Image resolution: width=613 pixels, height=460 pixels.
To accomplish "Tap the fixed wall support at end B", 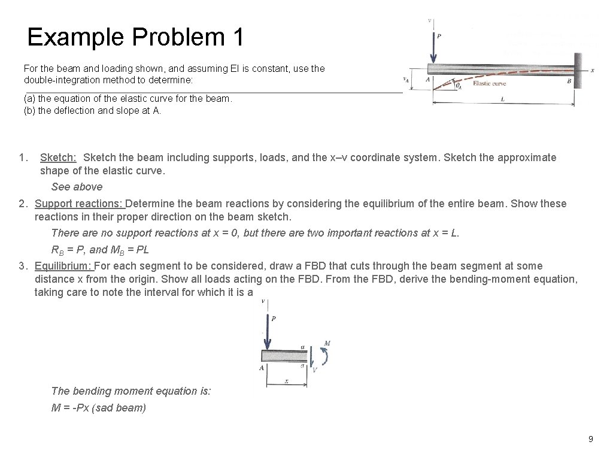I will pyautogui.click(x=577, y=71).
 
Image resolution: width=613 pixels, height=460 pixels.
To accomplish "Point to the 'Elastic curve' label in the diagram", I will pyautogui.click(x=489, y=83).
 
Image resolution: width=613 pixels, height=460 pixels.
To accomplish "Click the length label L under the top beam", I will pyautogui.click(x=502, y=99).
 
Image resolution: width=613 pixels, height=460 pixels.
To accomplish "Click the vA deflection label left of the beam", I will pyautogui.click(x=405, y=78).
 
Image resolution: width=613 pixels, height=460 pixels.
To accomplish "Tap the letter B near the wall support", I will pyautogui.click(x=569, y=81).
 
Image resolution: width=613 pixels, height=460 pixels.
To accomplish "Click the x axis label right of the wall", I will pyautogui.click(x=592, y=70).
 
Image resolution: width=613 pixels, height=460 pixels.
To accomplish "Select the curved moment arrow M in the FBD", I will pyautogui.click(x=325, y=355).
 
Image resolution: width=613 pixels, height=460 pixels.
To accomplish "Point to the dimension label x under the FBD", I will pyautogui.click(x=286, y=381).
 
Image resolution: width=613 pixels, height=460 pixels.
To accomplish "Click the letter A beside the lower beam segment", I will pyautogui.click(x=262, y=367).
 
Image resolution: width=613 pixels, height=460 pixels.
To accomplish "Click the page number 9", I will pyautogui.click(x=590, y=439).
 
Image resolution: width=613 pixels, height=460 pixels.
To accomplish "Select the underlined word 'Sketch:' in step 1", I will pyautogui.click(x=58, y=158).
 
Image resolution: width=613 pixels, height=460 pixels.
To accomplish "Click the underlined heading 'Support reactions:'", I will pyautogui.click(x=78, y=204).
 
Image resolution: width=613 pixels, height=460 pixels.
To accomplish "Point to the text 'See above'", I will pyautogui.click(x=77, y=187).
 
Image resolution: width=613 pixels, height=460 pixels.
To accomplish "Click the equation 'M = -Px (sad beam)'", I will pyautogui.click(x=99, y=408).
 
